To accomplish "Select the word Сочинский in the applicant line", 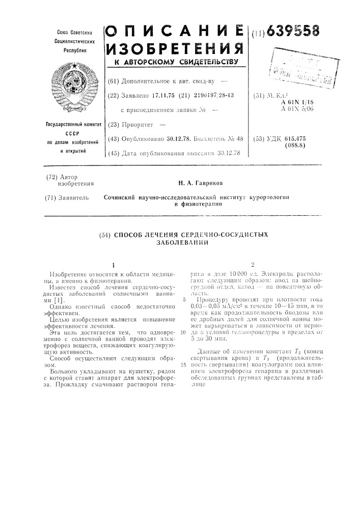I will pos(122,197).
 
